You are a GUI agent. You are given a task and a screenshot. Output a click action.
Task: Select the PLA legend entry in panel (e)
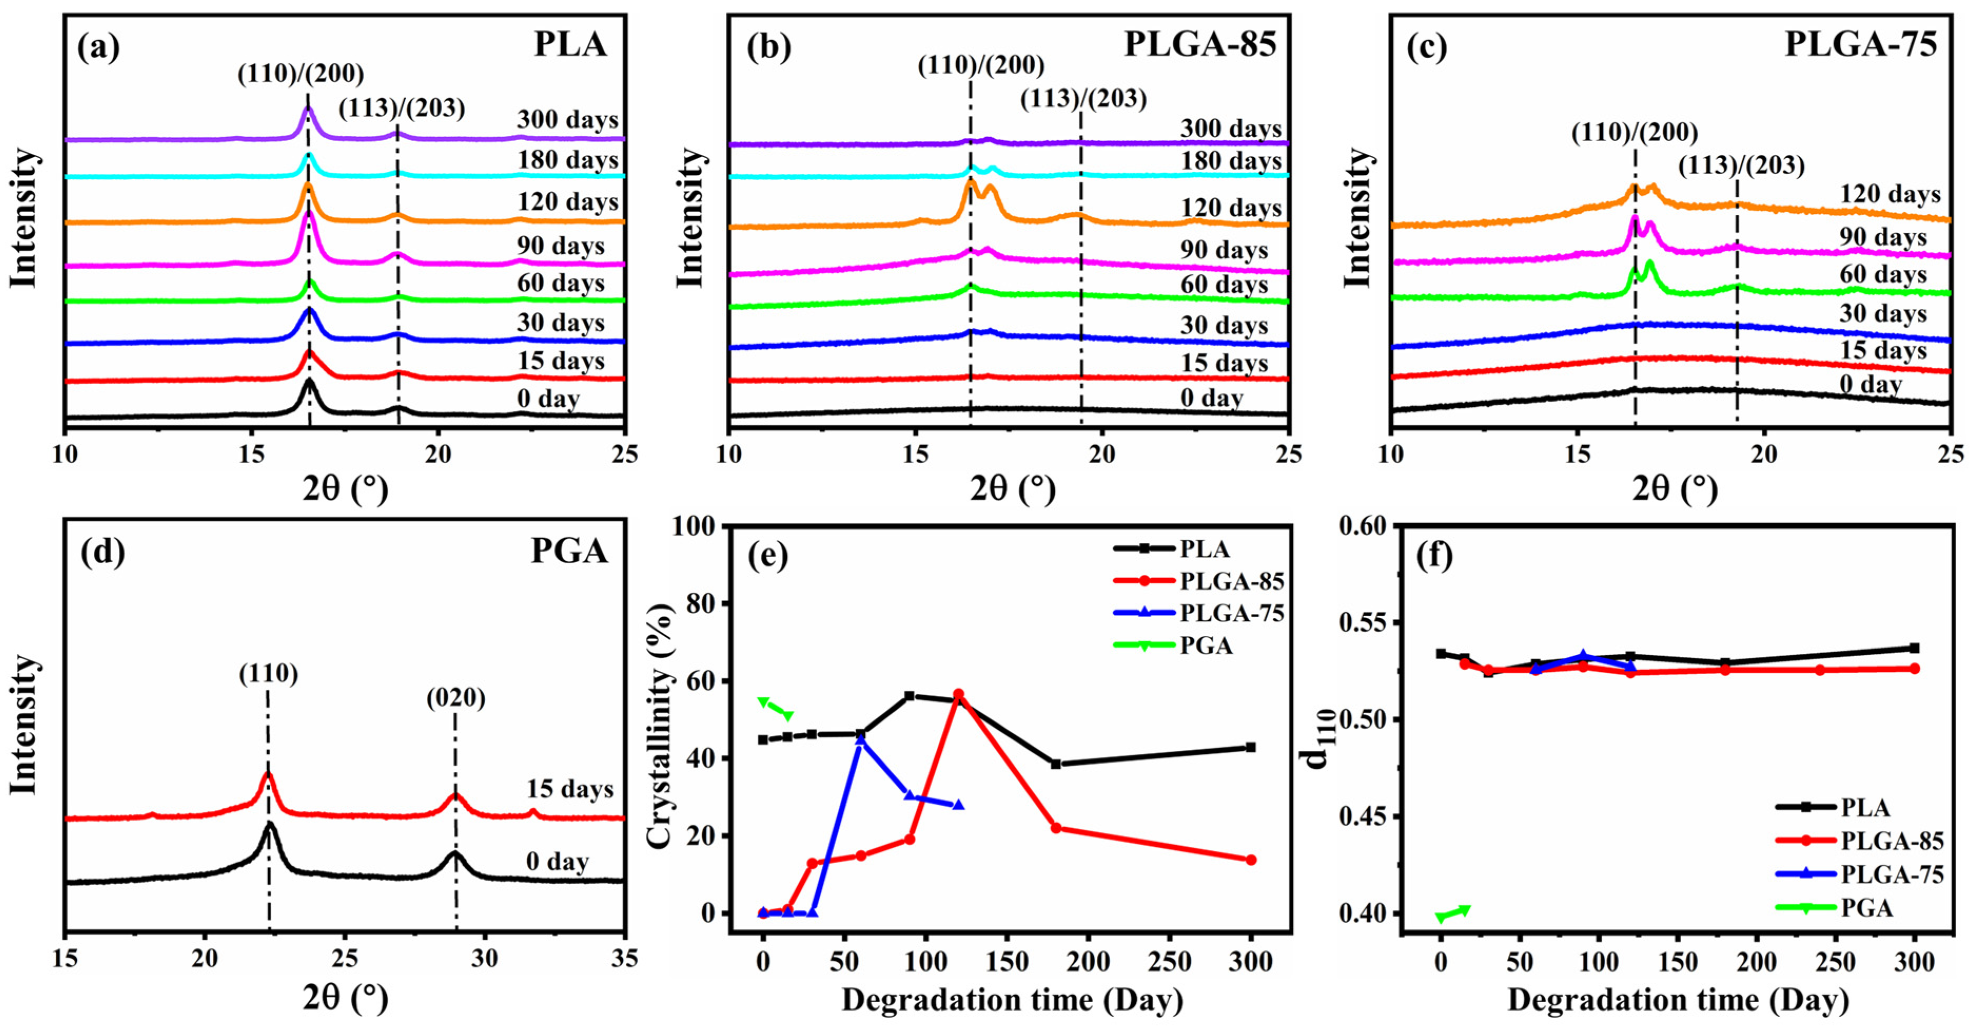tap(1204, 549)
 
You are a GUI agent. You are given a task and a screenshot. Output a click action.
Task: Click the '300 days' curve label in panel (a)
tap(567, 120)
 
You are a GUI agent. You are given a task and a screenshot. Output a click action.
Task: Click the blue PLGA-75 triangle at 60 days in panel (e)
tap(860, 740)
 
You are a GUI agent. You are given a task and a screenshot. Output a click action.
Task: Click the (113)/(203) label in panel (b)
tap(1083, 99)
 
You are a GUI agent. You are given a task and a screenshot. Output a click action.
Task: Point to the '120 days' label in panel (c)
tap(1890, 194)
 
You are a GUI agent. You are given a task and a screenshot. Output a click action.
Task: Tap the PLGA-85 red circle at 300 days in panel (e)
tap(1251, 859)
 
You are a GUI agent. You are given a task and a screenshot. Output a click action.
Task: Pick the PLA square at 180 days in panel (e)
tap(1056, 764)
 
